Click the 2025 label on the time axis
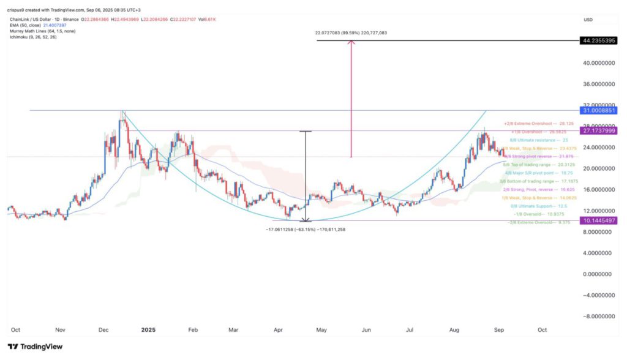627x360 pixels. pyautogui.click(x=149, y=329)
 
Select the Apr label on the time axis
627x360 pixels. pyautogui.click(x=279, y=329)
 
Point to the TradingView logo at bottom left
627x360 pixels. pyautogui.click(x=35, y=347)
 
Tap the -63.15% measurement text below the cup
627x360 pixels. pyautogui.click(x=305, y=229)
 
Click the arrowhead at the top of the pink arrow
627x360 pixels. pyautogui.click(x=351, y=43)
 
